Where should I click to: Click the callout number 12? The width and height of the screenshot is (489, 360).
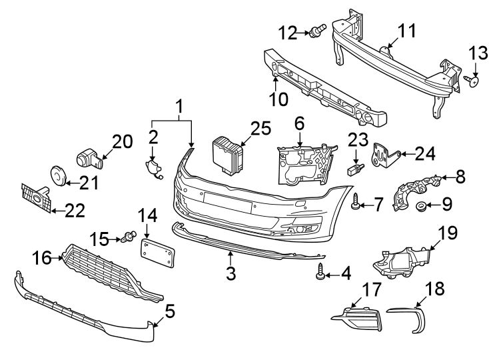pyautogui.click(x=288, y=31)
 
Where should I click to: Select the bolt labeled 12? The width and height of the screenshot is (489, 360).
pyautogui.click(x=317, y=30)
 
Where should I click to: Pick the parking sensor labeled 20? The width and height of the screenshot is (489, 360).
pyautogui.click(x=89, y=157)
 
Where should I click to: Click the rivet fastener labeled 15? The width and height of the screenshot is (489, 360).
pyautogui.click(x=129, y=235)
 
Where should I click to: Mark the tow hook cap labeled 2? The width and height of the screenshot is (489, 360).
pyautogui.click(x=153, y=169)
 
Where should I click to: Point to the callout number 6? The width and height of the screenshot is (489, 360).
pyautogui.click(x=299, y=123)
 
